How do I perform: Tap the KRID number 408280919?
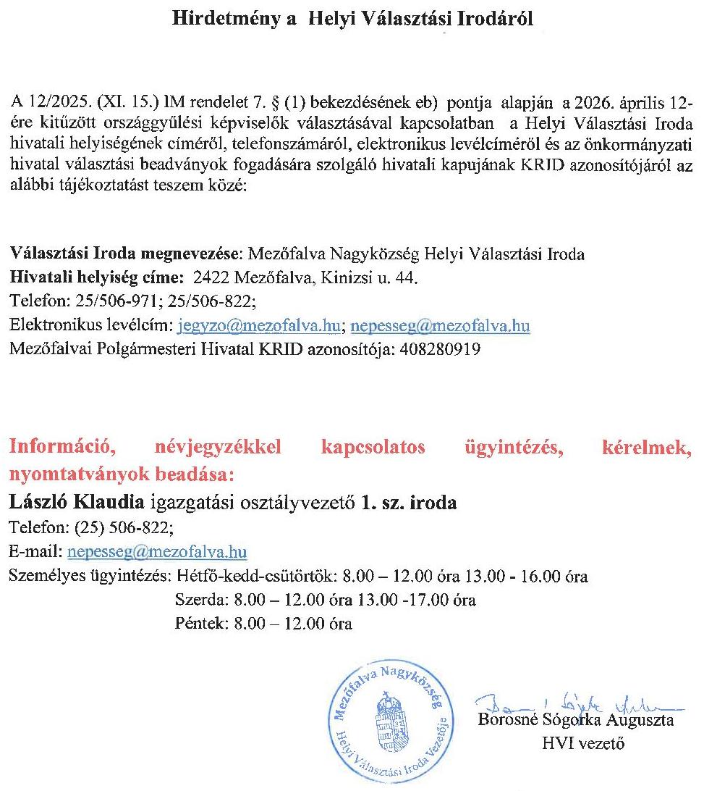[445, 349]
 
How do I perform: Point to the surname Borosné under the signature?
[509, 721]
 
